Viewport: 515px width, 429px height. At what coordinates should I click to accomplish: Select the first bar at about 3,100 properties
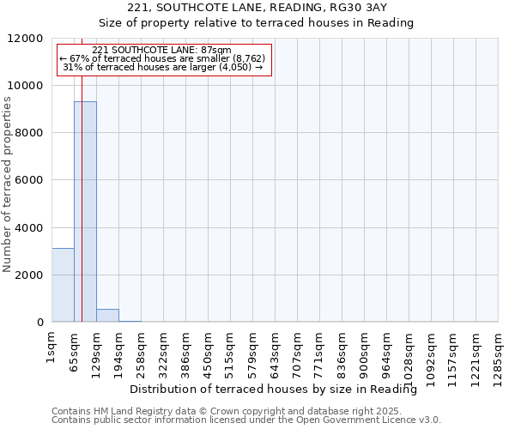click(x=63, y=285)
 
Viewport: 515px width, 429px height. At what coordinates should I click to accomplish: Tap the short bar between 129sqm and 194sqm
click(x=107, y=316)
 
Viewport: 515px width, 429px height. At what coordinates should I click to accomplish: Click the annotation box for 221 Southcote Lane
click(x=163, y=59)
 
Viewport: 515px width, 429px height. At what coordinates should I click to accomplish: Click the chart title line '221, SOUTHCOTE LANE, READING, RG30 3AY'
click(x=257, y=8)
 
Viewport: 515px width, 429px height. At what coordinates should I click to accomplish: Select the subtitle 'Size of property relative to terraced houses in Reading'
click(x=257, y=23)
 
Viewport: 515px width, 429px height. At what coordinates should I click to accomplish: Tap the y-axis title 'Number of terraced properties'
click(x=8, y=184)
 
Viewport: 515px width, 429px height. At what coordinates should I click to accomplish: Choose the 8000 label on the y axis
click(x=29, y=133)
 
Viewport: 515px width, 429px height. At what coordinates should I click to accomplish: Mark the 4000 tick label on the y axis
click(x=29, y=228)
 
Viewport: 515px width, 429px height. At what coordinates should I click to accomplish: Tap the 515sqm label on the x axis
click(x=230, y=349)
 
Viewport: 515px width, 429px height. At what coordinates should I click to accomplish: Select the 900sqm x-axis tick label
click(x=364, y=349)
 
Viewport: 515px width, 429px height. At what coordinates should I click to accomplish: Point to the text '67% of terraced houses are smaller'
click(x=163, y=59)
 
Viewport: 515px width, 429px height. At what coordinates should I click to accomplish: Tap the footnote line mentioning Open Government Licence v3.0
click(x=246, y=420)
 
